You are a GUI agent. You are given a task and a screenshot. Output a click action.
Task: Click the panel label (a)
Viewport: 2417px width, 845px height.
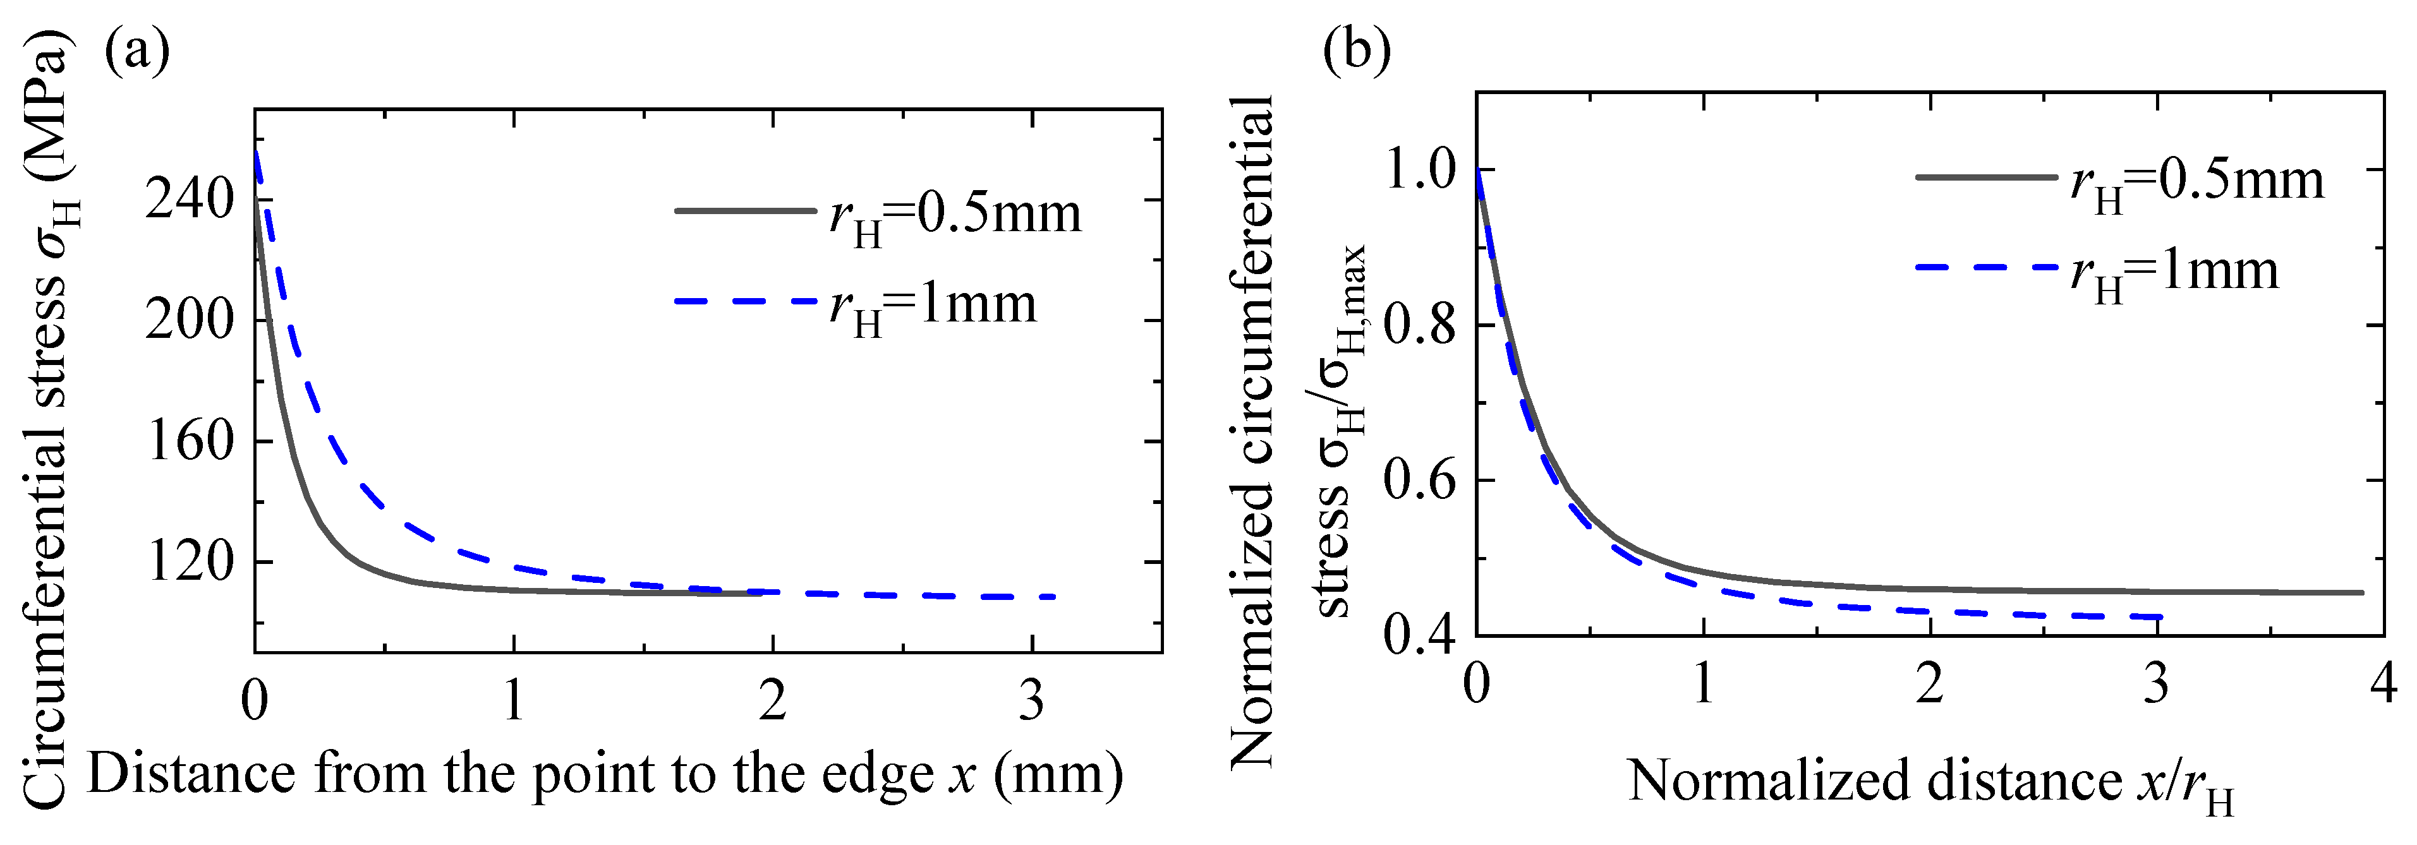[x=137, y=52]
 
